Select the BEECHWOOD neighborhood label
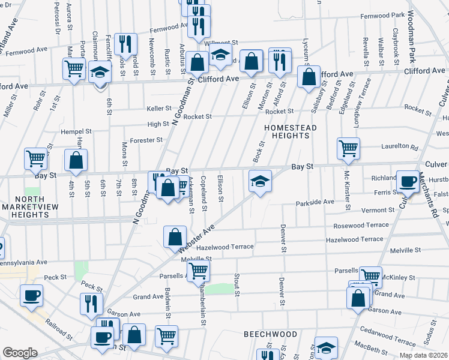[270, 334]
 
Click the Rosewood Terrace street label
[361, 225]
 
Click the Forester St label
[147, 140]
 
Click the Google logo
[20, 353]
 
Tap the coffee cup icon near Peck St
[31, 295]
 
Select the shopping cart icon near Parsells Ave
[197, 271]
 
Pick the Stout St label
[237, 284]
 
